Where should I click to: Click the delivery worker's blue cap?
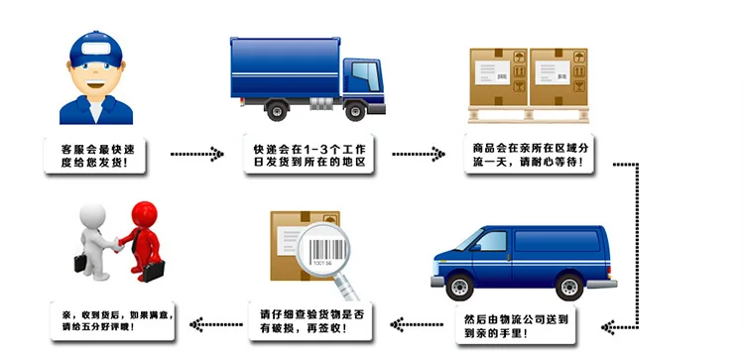96,49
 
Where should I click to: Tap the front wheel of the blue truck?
355,111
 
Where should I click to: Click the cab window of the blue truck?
366,76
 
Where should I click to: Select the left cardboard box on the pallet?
498,76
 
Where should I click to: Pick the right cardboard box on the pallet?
558,76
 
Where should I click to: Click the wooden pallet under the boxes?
529,114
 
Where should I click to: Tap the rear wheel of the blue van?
569,287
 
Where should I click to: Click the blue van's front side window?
491,241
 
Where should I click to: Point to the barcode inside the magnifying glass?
322,250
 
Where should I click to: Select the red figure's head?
144,214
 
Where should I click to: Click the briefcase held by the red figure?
153,271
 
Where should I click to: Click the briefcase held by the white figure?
80,262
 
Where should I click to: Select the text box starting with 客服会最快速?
95,156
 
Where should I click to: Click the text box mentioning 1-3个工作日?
309,154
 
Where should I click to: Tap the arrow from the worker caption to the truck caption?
196,154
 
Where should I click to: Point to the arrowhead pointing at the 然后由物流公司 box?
607,327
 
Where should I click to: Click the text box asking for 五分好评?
113,321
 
